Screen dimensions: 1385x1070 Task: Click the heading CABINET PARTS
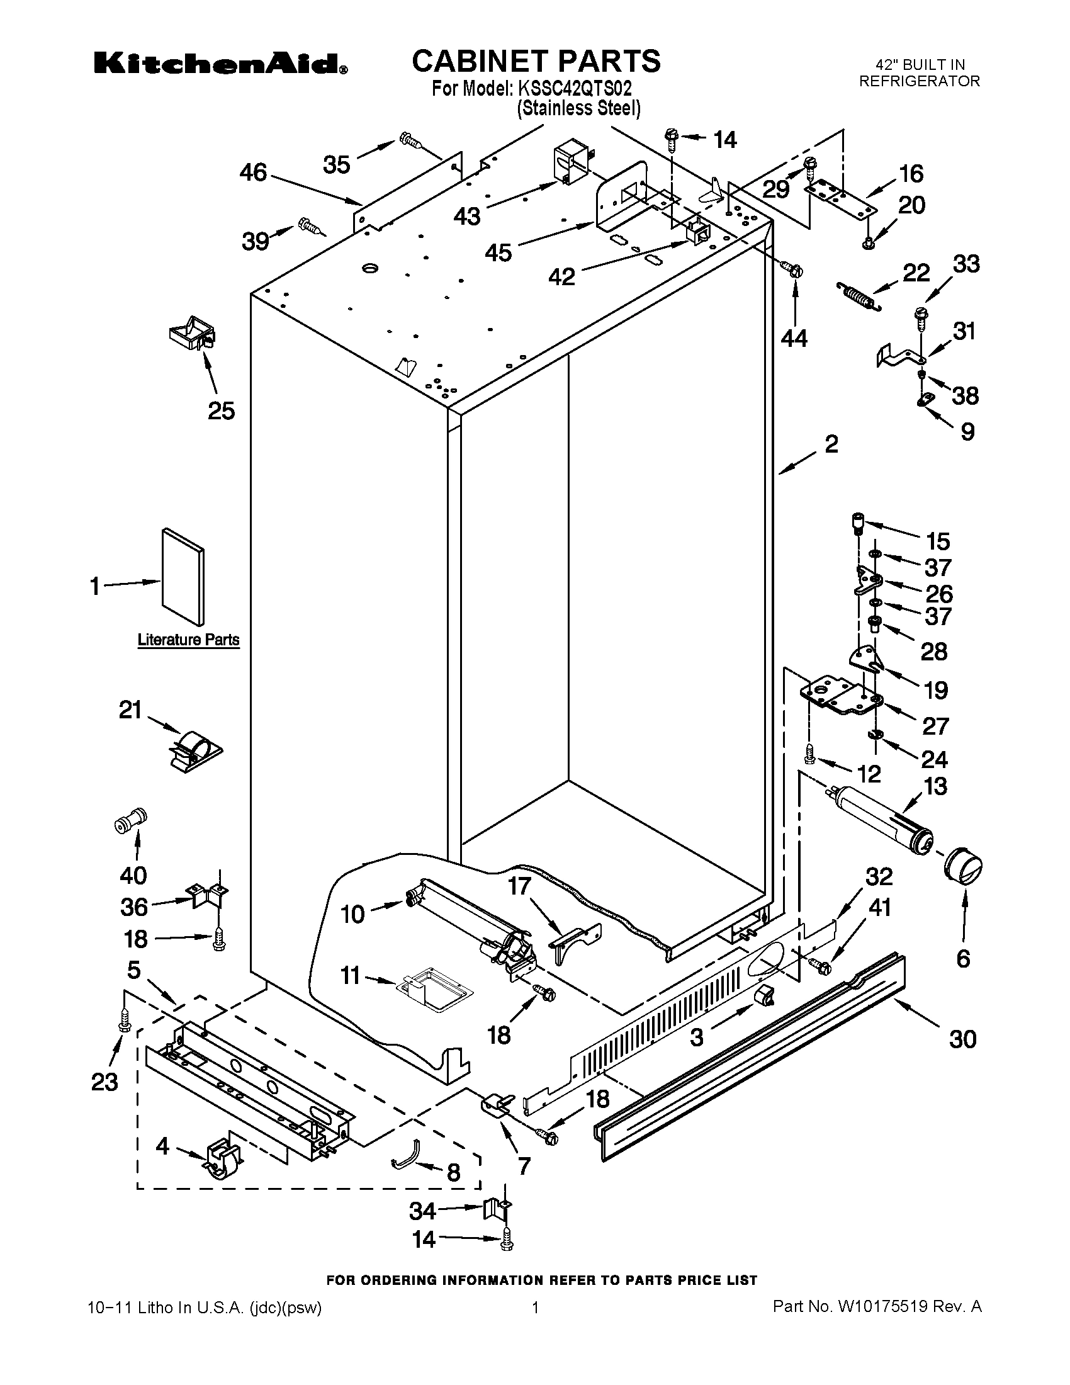coord(536,62)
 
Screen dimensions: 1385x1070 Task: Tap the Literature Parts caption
coord(188,640)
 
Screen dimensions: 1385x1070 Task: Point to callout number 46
coord(253,172)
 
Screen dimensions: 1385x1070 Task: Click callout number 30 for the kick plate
coord(962,1039)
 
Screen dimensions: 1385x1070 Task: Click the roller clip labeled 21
coord(195,750)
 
